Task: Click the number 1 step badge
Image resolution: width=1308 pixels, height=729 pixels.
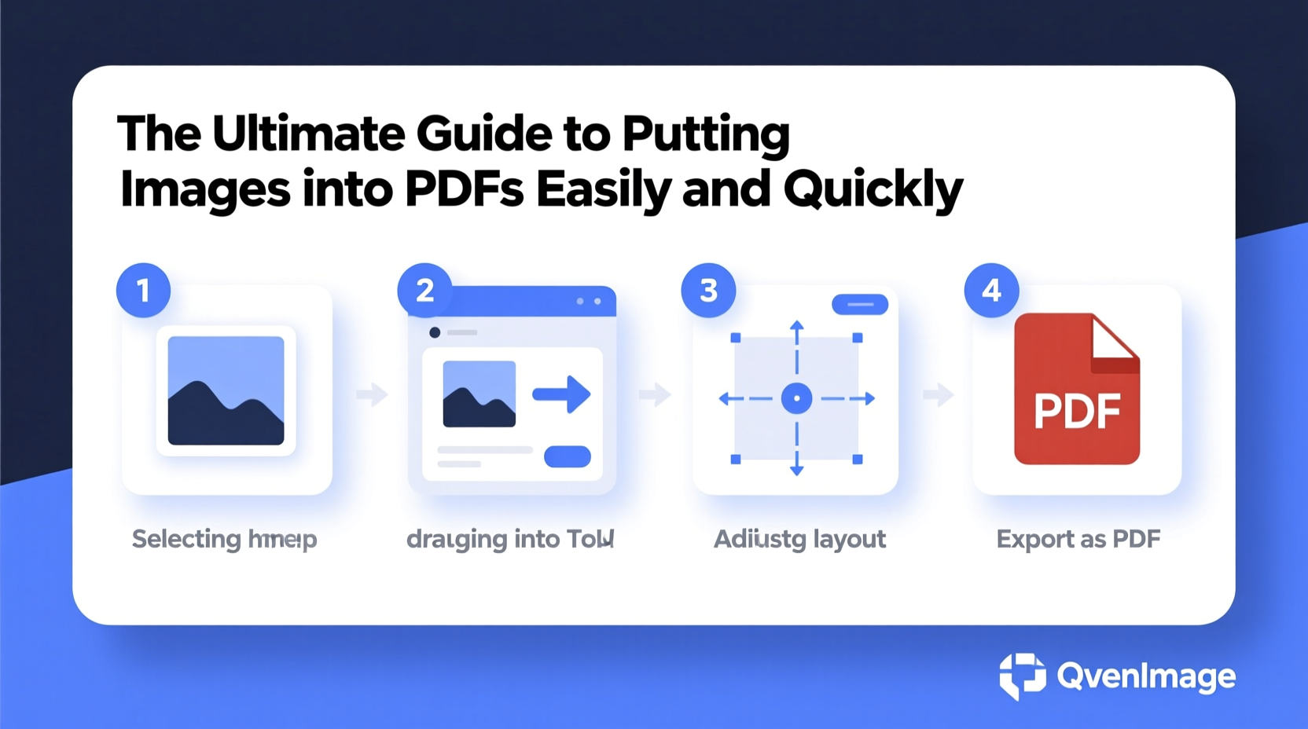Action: [143, 290]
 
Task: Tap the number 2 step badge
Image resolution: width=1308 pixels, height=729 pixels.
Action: [424, 290]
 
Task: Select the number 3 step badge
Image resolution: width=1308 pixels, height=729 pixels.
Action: [708, 290]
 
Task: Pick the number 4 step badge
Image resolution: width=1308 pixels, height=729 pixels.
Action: [991, 290]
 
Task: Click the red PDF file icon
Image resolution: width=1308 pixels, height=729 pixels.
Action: [1076, 401]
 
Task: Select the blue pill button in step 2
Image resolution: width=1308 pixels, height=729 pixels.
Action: [568, 456]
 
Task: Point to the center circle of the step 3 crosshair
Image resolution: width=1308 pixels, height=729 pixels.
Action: [796, 398]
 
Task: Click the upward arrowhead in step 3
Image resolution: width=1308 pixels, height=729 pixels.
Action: [796, 325]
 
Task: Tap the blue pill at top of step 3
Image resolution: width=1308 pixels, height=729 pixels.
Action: [860, 304]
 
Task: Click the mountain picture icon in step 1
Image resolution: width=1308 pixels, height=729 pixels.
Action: [226, 390]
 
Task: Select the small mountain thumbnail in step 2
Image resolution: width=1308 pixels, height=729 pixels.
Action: [479, 394]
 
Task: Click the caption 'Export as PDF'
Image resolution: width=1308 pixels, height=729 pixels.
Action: [1078, 539]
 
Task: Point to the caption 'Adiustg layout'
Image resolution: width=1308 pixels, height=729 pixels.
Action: [799, 539]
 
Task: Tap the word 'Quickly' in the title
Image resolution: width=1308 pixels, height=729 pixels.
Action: [873, 189]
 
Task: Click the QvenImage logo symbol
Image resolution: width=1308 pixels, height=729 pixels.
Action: [1022, 676]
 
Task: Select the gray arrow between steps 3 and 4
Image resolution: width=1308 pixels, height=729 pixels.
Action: [938, 394]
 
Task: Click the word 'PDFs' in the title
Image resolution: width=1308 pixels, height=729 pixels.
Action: [464, 189]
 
